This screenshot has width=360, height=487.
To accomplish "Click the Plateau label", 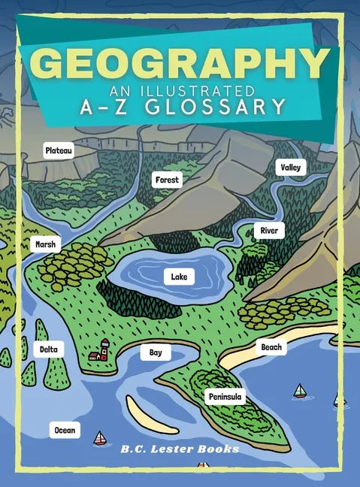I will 59,151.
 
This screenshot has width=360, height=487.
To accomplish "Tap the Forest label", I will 168,180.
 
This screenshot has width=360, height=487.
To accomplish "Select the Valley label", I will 290,167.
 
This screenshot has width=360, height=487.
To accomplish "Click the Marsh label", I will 45,244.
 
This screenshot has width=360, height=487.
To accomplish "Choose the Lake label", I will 179,277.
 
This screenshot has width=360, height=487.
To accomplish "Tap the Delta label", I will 48,349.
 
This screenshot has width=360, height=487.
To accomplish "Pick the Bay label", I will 156,352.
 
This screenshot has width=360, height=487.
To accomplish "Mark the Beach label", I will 271,346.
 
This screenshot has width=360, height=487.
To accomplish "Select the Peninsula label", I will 225,396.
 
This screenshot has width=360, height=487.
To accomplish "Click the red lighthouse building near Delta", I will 99,350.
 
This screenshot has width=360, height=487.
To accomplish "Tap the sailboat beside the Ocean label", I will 100,437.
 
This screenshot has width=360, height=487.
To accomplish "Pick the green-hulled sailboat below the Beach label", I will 300,391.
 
